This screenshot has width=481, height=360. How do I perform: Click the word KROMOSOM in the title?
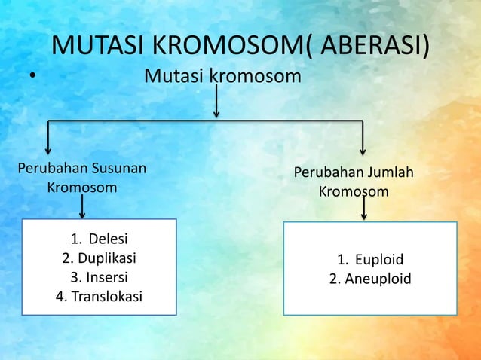227,47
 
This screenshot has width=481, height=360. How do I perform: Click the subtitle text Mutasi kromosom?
222,76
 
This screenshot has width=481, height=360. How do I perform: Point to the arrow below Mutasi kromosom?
216,102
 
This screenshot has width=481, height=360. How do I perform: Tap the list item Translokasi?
107,296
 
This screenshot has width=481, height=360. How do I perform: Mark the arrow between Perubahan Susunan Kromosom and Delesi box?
82,206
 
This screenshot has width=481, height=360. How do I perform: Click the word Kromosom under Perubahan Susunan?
82,187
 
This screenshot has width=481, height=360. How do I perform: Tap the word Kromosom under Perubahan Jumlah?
354,192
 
